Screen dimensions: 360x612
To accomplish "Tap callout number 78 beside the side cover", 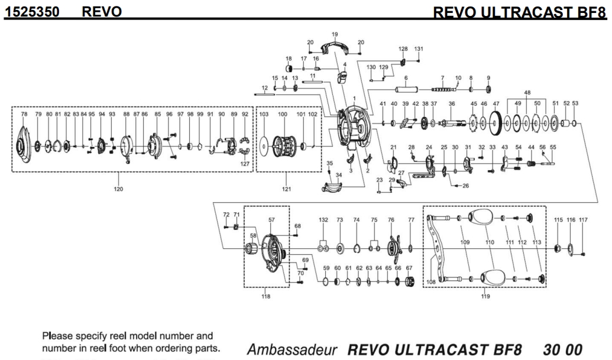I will pyautogui.click(x=24, y=114).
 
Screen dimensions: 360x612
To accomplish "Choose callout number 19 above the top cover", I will pyautogui.click(x=334, y=34).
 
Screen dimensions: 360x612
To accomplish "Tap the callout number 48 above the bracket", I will pyautogui.click(x=527, y=92).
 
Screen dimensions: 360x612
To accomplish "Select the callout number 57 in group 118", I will pyautogui.click(x=271, y=219).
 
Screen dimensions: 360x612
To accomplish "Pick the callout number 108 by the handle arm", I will pyautogui.click(x=432, y=283).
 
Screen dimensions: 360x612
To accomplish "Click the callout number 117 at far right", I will pyautogui.click(x=584, y=220).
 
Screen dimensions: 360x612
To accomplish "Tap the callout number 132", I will pyautogui.click(x=323, y=220).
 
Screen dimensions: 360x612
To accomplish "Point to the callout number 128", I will pyautogui.click(x=403, y=48).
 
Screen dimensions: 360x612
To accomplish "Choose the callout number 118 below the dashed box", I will pyautogui.click(x=266, y=297).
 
